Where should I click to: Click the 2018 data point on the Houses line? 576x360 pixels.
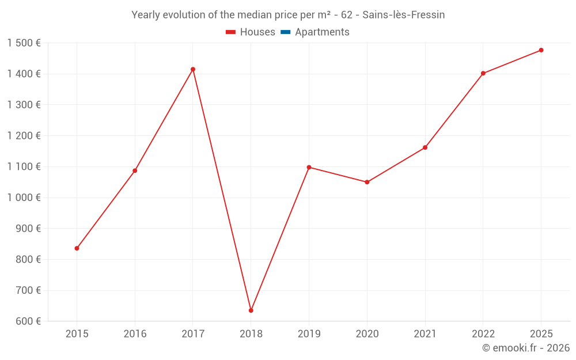pyautogui.click(x=251, y=310)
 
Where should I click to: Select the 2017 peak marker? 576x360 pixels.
pyautogui.click(x=193, y=69)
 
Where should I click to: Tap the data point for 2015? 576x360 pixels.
pyautogui.click(x=77, y=248)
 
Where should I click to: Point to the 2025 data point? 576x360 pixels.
pyautogui.click(x=541, y=50)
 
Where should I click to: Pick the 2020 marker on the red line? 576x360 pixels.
pyautogui.click(x=367, y=182)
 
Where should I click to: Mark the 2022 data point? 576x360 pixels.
pyautogui.click(x=483, y=73)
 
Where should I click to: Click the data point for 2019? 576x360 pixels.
pyautogui.click(x=309, y=167)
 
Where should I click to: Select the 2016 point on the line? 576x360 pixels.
pyautogui.click(x=135, y=170)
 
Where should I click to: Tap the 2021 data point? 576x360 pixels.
pyautogui.click(x=425, y=147)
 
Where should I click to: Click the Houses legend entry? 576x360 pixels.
pyautogui.click(x=251, y=32)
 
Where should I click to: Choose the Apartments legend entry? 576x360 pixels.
pyautogui.click(x=315, y=32)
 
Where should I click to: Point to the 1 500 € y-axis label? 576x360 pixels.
pyautogui.click(x=24, y=43)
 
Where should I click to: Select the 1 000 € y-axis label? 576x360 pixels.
pyautogui.click(x=24, y=198)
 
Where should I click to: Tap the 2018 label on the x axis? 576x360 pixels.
pyautogui.click(x=251, y=334)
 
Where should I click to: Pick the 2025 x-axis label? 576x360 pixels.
pyautogui.click(x=541, y=334)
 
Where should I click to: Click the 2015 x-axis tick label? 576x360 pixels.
pyautogui.click(x=77, y=334)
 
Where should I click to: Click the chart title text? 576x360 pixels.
pyautogui.click(x=288, y=15)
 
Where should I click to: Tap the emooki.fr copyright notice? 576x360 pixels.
pyautogui.click(x=525, y=348)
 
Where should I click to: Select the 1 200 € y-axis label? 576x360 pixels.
pyautogui.click(x=24, y=136)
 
